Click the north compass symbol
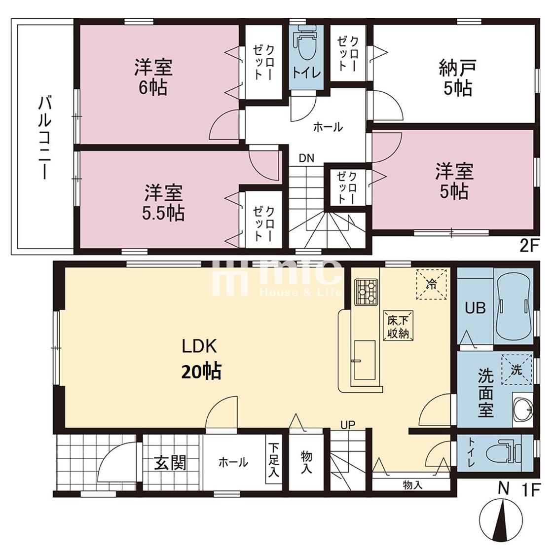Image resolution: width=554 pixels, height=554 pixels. [501, 519]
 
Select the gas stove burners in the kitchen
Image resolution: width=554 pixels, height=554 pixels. [366, 292]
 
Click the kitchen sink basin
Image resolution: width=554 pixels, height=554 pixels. [365, 360]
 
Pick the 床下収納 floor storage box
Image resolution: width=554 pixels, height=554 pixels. [398, 326]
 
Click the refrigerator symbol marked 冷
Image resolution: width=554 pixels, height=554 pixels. [431, 285]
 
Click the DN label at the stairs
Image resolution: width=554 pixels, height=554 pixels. [306, 158]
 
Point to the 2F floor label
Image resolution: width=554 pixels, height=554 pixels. [528, 246]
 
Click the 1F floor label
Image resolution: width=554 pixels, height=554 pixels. [531, 490]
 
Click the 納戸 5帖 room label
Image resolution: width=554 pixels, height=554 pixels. [457, 78]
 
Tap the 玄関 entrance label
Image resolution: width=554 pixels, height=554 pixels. [170, 462]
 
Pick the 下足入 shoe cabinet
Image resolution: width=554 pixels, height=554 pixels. [273, 460]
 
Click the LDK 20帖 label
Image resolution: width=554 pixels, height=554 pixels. [200, 359]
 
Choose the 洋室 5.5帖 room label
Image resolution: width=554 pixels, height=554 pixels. [163, 202]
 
